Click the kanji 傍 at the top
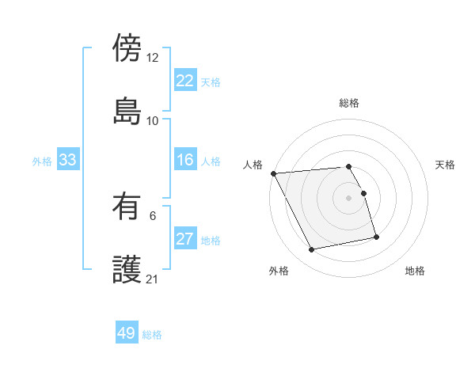point(127,47)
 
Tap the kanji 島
point(127,110)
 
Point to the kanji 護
point(127,268)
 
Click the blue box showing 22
point(184,81)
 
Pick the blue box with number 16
point(184,161)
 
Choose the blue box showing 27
point(184,240)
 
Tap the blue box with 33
point(67,161)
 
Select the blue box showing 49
point(127,333)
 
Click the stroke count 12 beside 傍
point(153,57)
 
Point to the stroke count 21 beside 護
point(153,279)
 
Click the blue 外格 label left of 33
point(42,161)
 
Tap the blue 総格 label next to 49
point(152,335)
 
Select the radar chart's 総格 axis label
point(349,103)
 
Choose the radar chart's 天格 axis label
point(446,165)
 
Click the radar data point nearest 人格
point(273,173)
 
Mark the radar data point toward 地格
point(376,237)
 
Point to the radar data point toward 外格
point(312,250)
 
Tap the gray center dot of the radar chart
point(349,198)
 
